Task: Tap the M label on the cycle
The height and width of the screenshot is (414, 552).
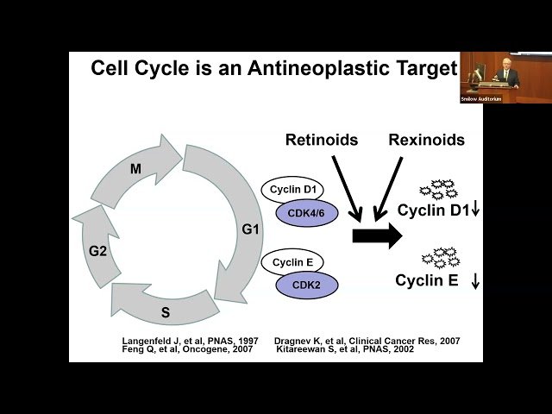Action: [135, 169]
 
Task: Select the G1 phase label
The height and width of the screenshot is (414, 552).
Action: [250, 230]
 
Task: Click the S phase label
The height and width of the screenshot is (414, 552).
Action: [165, 312]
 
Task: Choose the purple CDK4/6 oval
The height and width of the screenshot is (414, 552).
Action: [306, 213]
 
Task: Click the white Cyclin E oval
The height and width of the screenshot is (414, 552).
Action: [292, 262]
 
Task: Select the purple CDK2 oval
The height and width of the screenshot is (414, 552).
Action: [306, 285]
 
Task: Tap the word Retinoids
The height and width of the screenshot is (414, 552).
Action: [322, 140]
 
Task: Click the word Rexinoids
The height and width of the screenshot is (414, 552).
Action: [426, 140]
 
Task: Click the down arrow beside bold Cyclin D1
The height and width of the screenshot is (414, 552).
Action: [475, 210]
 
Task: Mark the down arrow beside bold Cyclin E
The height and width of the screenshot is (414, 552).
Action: [475, 280]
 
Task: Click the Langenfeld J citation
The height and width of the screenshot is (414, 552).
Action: [189, 341]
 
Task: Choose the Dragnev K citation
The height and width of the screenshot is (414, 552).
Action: [367, 341]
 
